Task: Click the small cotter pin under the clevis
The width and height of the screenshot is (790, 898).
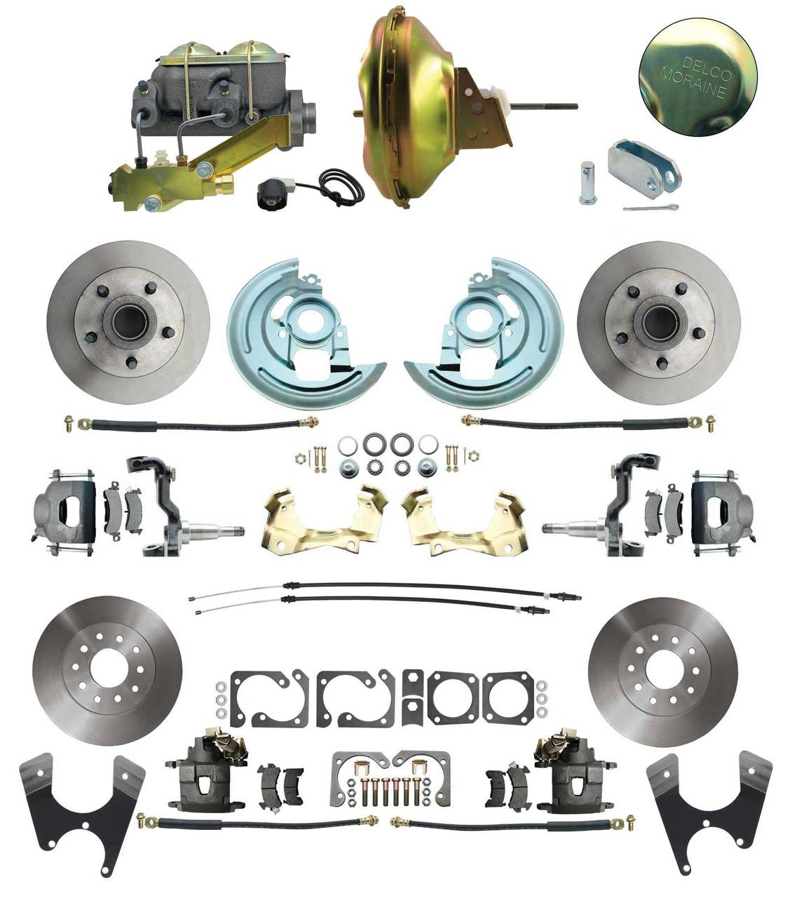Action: coord(651,207)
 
